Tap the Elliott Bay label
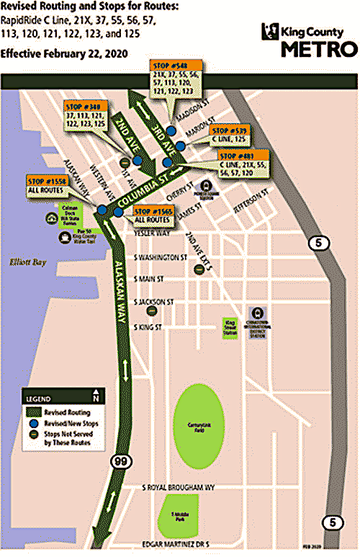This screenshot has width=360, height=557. (x=23, y=263)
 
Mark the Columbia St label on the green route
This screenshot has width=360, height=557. (x=145, y=189)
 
